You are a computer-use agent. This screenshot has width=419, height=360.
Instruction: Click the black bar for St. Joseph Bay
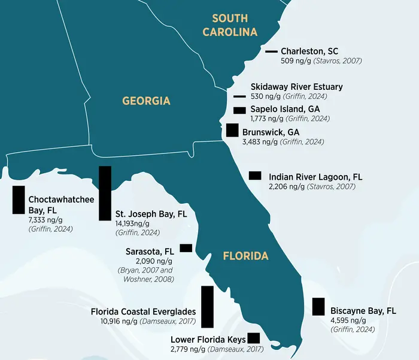click(x=105, y=193)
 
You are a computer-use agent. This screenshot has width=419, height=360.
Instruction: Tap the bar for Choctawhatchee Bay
click(x=19, y=199)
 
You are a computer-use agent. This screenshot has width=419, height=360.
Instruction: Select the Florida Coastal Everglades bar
click(x=207, y=307)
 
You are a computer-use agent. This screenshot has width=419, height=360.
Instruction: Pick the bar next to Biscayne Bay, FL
click(x=318, y=306)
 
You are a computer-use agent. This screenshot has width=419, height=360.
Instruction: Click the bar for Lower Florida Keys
click(x=254, y=338)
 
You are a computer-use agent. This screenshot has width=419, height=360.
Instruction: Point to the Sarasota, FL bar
click(x=186, y=247)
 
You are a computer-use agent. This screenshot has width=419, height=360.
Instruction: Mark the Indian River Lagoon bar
click(x=255, y=175)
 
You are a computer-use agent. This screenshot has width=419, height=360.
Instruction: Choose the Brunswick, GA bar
click(x=232, y=130)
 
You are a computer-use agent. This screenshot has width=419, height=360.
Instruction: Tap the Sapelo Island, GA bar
click(x=239, y=110)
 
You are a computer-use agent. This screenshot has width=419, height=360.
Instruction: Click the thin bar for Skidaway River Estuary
click(x=239, y=96)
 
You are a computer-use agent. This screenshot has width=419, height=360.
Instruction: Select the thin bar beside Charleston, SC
click(x=271, y=52)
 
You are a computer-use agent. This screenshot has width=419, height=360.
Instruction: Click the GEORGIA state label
click(x=146, y=101)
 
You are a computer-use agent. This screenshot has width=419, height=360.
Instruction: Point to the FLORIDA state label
click(x=245, y=256)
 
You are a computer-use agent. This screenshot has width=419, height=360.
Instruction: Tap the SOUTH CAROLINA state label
click(x=230, y=25)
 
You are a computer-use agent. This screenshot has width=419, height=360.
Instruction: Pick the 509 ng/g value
click(x=293, y=60)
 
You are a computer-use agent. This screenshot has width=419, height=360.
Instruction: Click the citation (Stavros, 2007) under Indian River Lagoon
click(x=331, y=187)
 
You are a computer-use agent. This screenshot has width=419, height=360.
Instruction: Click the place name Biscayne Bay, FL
click(x=363, y=310)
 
